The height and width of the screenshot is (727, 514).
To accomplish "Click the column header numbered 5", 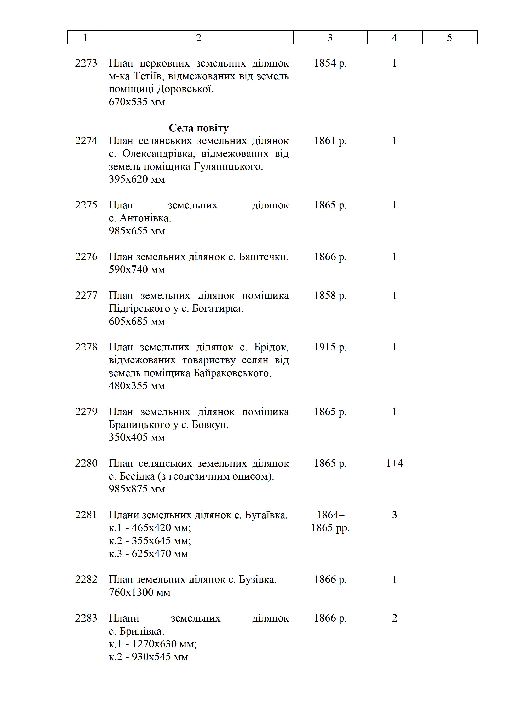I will click(449, 38).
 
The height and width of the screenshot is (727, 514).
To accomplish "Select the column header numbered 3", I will click(330, 38).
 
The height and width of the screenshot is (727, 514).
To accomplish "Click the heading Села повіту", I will click(198, 128).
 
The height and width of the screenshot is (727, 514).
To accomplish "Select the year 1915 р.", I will click(330, 347).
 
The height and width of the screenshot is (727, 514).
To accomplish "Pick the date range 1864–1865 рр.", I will click(330, 521).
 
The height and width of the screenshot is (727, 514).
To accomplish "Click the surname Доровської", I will click(185, 89).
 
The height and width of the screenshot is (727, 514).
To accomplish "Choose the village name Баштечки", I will click(263, 257).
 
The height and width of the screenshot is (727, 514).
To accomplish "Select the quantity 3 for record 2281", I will click(394, 515).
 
